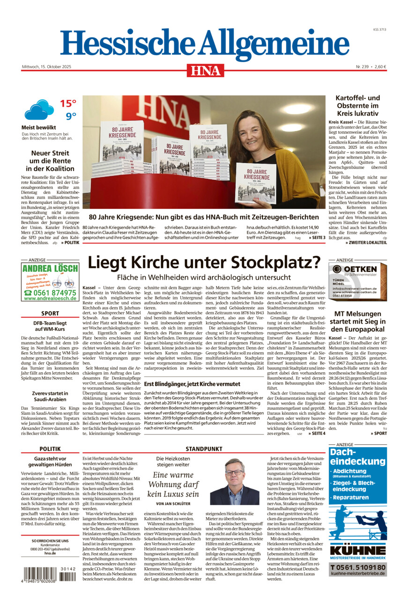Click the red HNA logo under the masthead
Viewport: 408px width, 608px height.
205,70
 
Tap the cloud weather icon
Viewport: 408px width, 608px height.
39,110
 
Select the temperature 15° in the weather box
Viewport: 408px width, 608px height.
68,103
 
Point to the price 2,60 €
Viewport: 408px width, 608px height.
380,66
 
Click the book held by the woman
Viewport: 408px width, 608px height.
255,183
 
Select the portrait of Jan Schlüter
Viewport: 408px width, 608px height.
234,481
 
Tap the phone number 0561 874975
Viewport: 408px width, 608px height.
49,293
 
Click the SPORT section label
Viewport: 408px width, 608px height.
50,313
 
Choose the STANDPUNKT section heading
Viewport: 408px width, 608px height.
204,449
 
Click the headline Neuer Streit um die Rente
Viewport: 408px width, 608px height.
50,160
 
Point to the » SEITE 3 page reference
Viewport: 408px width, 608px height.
317,238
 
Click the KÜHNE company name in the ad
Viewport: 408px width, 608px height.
358,550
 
